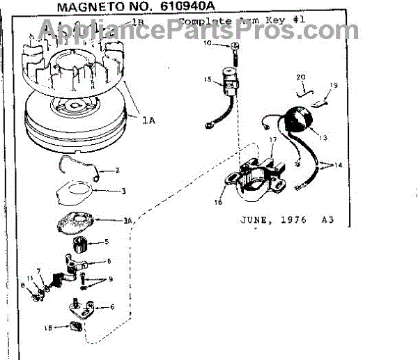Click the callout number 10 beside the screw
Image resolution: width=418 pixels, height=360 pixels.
click(207, 44)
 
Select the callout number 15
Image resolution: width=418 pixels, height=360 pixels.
click(208, 80)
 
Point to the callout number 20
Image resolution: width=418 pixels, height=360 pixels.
click(301, 77)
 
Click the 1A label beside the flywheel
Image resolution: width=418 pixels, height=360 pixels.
click(148, 120)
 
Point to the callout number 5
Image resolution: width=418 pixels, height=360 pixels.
click(107, 242)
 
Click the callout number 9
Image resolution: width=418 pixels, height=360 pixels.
click(109, 279)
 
